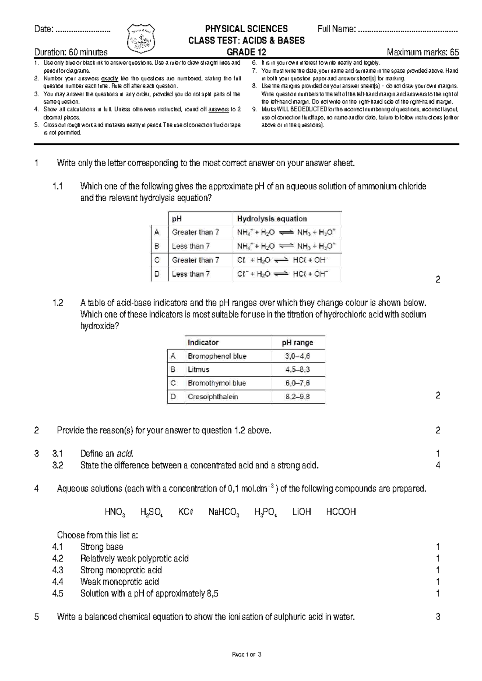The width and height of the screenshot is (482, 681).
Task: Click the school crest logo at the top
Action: [141, 39]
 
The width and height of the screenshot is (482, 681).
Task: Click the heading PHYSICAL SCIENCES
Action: [246, 29]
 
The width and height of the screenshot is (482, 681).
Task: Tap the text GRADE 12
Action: [246, 52]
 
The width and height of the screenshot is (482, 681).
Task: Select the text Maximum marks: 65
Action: [423, 52]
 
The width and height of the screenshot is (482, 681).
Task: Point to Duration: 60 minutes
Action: [71, 52]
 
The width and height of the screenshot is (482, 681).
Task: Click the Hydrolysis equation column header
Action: [272, 219]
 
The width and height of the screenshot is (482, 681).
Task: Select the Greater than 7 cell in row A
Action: [196, 232]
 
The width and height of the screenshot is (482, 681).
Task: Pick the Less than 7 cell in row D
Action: [191, 274]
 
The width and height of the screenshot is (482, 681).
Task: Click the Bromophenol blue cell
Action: [217, 356]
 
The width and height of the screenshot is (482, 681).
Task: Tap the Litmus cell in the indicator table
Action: [198, 369]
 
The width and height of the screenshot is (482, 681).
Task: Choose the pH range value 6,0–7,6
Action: [298, 383]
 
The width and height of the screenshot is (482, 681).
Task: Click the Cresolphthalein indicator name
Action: [213, 397]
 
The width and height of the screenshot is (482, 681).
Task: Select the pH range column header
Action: [298, 343]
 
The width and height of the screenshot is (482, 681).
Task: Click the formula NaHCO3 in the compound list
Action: [224, 512]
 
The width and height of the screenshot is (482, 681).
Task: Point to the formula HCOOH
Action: [341, 512]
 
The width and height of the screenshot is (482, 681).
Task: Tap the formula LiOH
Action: [302, 512]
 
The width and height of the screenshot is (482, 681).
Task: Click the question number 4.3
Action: [58, 570]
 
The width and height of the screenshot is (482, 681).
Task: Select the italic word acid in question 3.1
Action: [125, 454]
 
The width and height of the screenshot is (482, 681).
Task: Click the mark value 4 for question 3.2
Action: [438, 465]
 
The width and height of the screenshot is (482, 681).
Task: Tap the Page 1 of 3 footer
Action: [247, 655]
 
